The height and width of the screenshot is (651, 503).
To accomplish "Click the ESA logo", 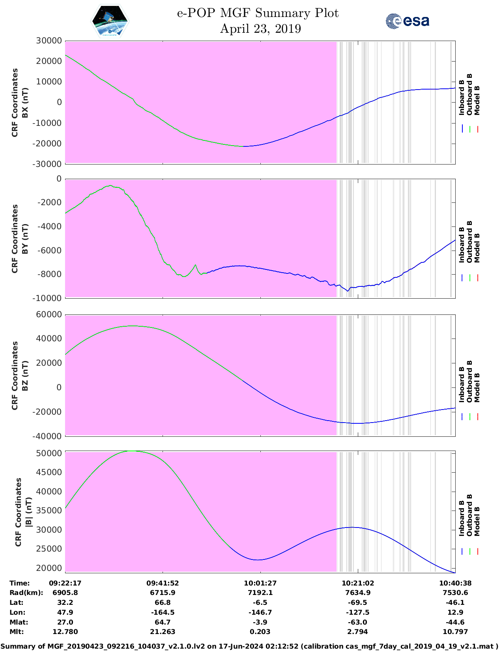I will pos(408,21).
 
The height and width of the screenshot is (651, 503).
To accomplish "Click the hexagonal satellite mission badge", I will pos(110,21).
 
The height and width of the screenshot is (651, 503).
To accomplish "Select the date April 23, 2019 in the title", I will pos(260,29).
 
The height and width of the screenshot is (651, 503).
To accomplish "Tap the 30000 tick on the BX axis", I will pos(49,41).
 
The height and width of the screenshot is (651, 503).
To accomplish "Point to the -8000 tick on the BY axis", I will pos(50,274).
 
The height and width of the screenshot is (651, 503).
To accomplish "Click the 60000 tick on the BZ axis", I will pos(49,314).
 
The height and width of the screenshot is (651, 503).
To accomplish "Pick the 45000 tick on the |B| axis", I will pos(49,472).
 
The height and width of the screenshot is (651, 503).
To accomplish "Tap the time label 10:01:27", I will pos(260,583).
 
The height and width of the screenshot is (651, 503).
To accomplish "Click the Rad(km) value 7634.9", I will pos(357,593).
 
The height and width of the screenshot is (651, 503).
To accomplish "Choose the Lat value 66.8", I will pos(163,602).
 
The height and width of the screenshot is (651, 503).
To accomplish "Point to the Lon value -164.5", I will pos(163,612).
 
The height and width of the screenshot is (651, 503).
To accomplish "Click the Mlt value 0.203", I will pos(260,632).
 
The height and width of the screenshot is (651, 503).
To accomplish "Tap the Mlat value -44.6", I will pos(455,622).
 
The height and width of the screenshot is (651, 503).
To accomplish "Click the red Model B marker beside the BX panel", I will pos(477,129).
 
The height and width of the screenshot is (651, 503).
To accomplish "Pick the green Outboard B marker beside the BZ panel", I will pos(470,416).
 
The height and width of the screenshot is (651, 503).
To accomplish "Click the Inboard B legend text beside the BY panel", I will pos(462,245).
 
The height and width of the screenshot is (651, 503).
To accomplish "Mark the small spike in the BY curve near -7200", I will pos(195,265).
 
